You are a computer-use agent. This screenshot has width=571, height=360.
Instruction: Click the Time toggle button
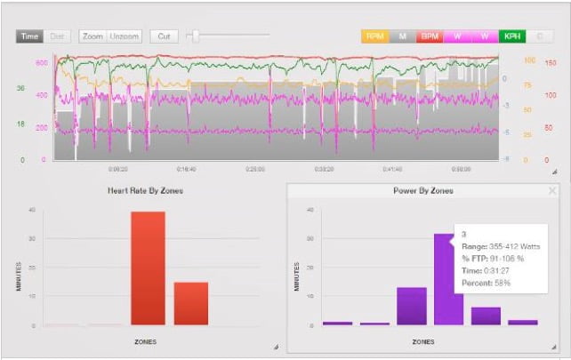click(29, 36)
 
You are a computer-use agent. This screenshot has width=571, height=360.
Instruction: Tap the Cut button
click(164, 36)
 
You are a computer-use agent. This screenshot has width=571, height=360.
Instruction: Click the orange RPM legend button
click(375, 36)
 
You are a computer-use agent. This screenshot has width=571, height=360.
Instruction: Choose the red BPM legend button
click(430, 36)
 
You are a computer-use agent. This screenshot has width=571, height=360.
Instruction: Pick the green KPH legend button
click(512, 36)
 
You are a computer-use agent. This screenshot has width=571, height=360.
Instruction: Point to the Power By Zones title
click(422, 191)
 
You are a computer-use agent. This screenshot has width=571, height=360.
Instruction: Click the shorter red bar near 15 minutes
click(191, 303)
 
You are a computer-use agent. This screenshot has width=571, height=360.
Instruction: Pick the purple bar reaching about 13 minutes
click(411, 306)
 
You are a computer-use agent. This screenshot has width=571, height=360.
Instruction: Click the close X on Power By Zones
click(552, 190)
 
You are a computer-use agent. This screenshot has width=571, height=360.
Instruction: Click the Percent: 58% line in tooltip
click(486, 284)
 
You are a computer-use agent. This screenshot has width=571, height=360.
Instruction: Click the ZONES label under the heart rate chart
click(148, 340)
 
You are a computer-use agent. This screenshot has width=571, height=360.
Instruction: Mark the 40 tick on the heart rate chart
click(32, 211)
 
